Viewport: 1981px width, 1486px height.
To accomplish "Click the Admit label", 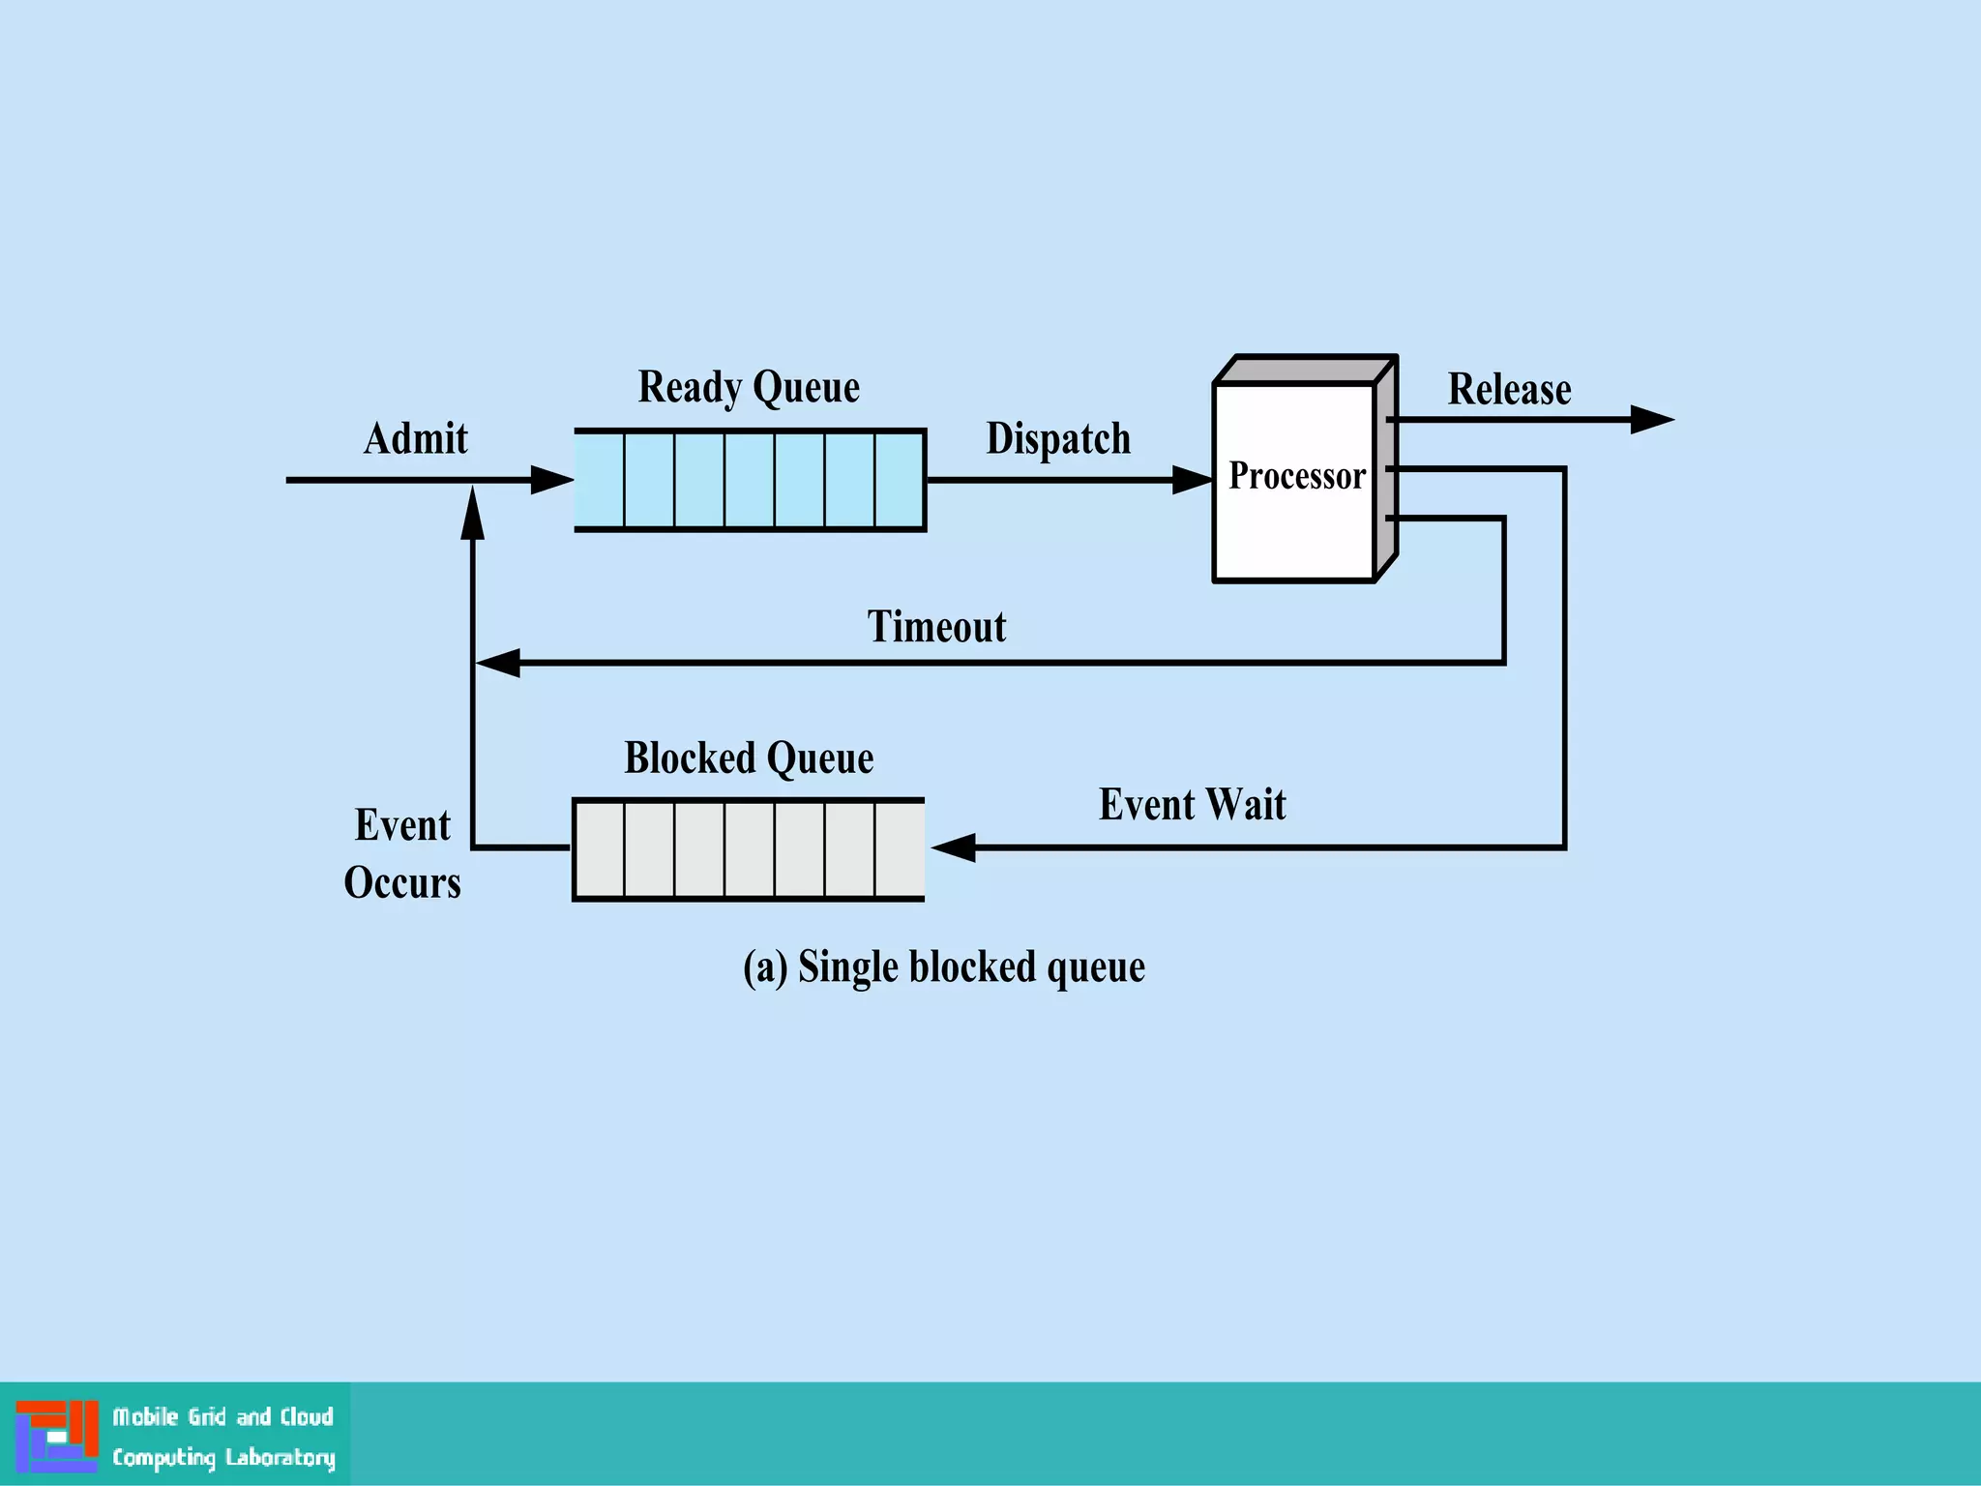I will click(x=415, y=439).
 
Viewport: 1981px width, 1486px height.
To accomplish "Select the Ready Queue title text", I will click(x=748, y=388).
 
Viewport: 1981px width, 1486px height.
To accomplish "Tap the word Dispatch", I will click(x=1057, y=439).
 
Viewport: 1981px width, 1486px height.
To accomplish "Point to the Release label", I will click(x=1508, y=390).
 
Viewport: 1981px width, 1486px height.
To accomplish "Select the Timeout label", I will click(x=935, y=627).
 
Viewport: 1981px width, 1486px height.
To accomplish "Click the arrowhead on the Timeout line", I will click(x=498, y=663).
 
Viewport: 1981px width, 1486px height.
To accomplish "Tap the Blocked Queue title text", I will click(x=748, y=758).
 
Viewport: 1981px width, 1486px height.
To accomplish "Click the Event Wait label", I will click(x=1192, y=805).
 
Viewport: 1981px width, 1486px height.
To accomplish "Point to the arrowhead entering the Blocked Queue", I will click(x=954, y=847).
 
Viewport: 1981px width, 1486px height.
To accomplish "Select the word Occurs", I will click(x=402, y=883).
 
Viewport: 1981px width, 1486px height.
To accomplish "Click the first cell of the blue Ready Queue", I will click(x=600, y=480).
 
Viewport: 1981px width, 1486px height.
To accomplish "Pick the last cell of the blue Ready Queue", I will click(x=900, y=480).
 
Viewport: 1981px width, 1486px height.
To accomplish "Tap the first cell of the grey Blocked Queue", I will click(x=600, y=849).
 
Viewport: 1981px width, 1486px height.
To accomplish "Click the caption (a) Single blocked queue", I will click(x=943, y=967).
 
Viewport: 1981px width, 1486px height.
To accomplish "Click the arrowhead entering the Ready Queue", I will click(x=551, y=480).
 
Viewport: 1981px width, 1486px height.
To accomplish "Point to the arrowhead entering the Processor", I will click(x=1192, y=480).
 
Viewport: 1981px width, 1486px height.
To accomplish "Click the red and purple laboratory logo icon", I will click(x=57, y=1436).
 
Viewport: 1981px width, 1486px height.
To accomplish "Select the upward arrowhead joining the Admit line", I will click(x=472, y=513).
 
